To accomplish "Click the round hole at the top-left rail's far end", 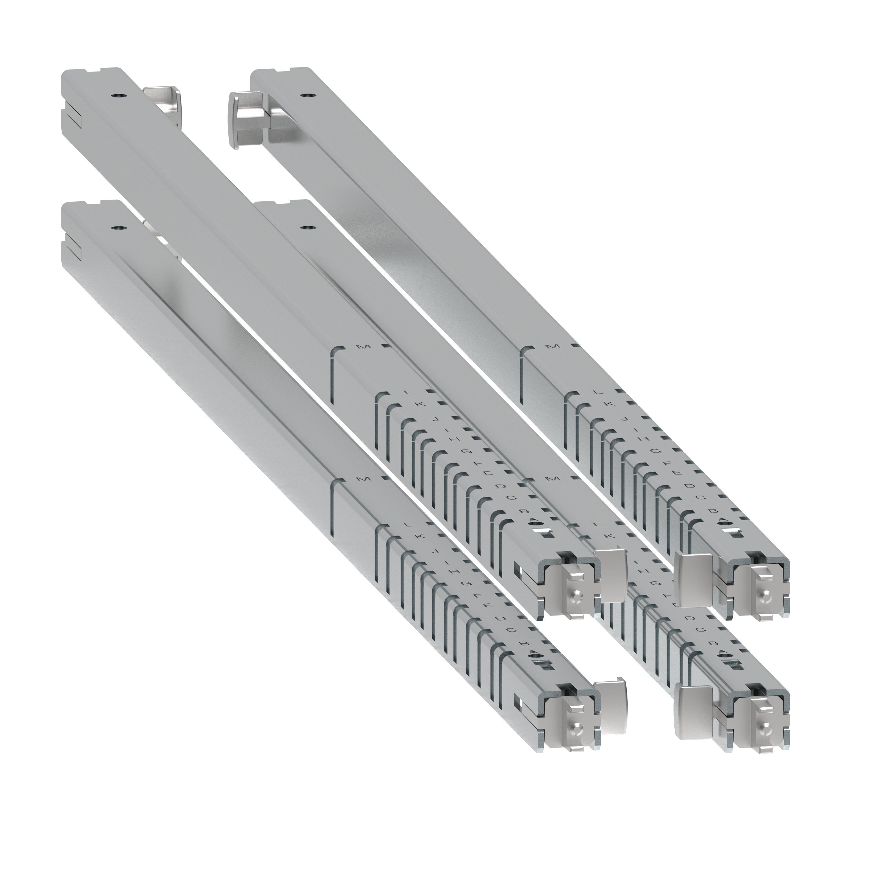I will (x=118, y=96).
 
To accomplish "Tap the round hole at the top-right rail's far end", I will (x=308, y=96).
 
